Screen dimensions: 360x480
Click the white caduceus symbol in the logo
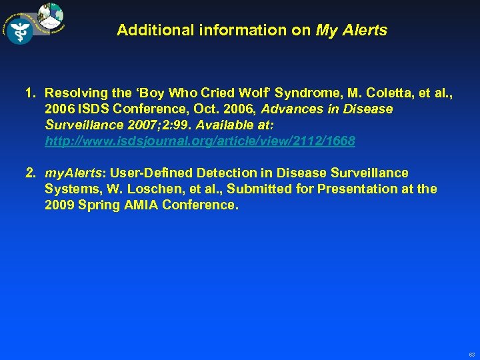tap(19, 30)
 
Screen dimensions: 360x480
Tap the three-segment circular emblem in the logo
tap(51, 15)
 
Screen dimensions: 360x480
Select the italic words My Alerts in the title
tap(351, 30)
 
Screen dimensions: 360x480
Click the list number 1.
tap(30, 93)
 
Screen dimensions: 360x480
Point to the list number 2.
tap(30, 173)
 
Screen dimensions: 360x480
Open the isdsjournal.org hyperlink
tap(200, 141)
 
